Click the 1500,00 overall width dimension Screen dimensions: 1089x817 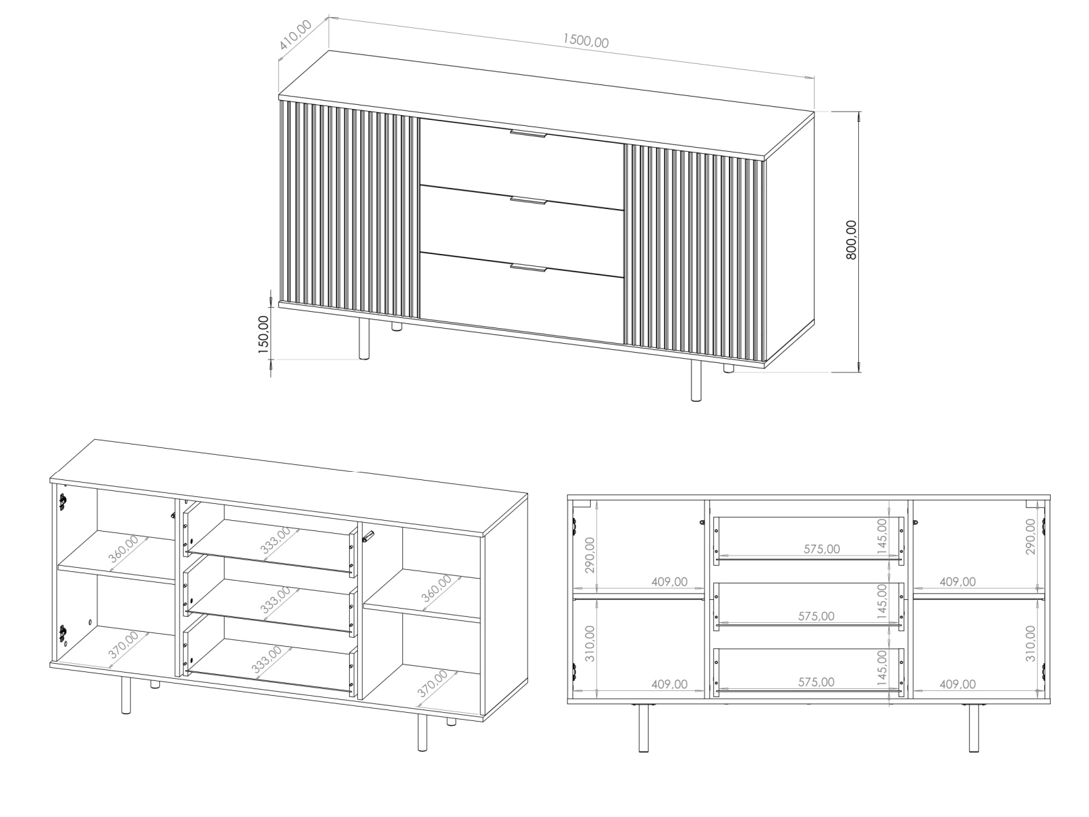pos(585,41)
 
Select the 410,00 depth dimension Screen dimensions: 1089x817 pos(295,35)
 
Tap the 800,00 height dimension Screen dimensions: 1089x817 pos(851,240)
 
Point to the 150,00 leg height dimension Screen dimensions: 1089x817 pos(263,334)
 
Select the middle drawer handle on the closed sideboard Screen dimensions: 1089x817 pos(528,200)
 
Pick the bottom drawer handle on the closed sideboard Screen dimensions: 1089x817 pos(528,268)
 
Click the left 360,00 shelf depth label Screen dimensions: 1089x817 pos(124,549)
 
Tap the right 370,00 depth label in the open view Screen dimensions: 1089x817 pos(433,684)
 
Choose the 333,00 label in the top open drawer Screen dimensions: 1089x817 pos(276,541)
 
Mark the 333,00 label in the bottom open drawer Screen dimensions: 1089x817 pos(267,660)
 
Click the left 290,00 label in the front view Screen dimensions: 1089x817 pos(589,555)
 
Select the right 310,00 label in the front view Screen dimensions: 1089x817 pos(1030,643)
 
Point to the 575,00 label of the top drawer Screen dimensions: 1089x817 pos(822,549)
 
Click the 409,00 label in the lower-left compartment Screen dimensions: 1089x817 pos(669,684)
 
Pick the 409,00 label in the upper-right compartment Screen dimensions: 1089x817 pos(958,581)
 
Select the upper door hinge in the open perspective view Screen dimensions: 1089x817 pos(62,502)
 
